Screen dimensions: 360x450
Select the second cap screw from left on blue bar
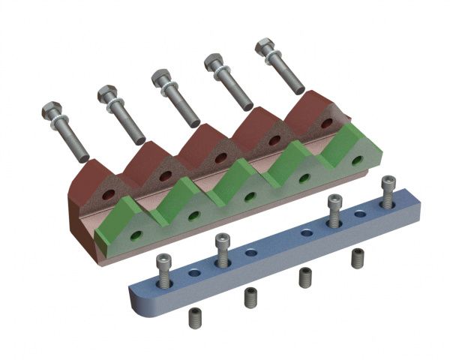pyautogui.click(x=221, y=250)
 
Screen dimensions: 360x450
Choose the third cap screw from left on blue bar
pyautogui.click(x=334, y=209)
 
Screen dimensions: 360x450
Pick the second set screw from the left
pyautogui.click(x=250, y=298)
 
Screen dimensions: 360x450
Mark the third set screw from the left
pyautogui.click(x=305, y=277)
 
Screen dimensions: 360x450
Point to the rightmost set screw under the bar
pyautogui.click(x=358, y=259)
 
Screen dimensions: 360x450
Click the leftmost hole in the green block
pyautogui.click(x=136, y=235)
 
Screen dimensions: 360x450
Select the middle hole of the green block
pyautogui.click(x=250, y=196)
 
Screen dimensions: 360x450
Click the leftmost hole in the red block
pyautogui.click(x=109, y=194)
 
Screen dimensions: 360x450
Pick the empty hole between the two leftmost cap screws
pyautogui.click(x=194, y=274)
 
